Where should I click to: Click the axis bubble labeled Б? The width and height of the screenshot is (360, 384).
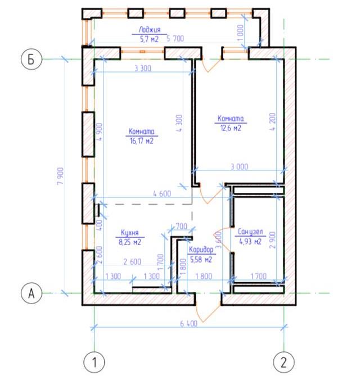[31, 59]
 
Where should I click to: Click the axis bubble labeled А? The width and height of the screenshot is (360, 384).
[31, 293]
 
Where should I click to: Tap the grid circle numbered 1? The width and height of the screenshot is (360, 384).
[94, 362]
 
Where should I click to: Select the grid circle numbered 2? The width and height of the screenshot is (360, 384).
[283, 362]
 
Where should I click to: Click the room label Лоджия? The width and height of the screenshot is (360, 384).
[150, 30]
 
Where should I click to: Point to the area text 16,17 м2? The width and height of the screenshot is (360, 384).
[142, 141]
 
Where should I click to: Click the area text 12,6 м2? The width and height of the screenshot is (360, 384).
[231, 128]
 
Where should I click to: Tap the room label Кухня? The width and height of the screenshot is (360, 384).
[130, 232]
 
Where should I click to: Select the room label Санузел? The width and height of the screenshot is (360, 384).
[250, 232]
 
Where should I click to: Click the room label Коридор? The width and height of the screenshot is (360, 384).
[201, 250]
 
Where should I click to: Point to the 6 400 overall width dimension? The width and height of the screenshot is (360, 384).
[188, 323]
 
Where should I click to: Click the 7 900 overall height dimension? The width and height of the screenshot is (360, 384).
[61, 176]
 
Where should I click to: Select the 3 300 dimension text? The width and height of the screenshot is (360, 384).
[143, 69]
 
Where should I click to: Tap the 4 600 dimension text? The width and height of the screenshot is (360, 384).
[162, 194]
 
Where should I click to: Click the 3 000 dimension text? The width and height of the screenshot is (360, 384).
[240, 167]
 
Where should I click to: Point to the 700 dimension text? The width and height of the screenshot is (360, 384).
[181, 226]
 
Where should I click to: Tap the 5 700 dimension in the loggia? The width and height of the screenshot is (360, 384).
[175, 38]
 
